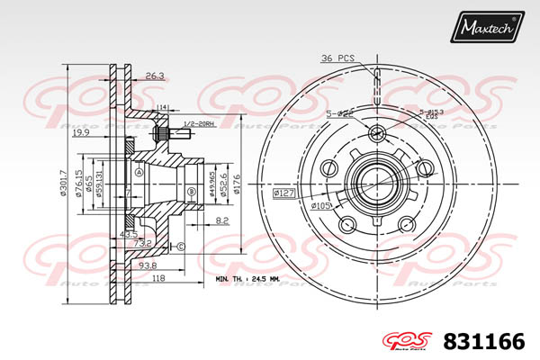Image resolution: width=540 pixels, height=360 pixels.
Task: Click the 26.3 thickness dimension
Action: tap(155, 76)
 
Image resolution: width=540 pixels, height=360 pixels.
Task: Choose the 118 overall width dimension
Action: tap(159, 279)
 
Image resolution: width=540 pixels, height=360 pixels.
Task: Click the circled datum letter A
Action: tap(139, 170)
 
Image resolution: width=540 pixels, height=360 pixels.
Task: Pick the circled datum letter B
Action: tap(190, 193)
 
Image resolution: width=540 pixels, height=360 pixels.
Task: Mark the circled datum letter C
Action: tap(181, 246)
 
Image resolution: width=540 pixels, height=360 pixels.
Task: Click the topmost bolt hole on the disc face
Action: tap(377, 135)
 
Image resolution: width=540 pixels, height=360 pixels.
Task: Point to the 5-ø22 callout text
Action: tap(338, 114)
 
